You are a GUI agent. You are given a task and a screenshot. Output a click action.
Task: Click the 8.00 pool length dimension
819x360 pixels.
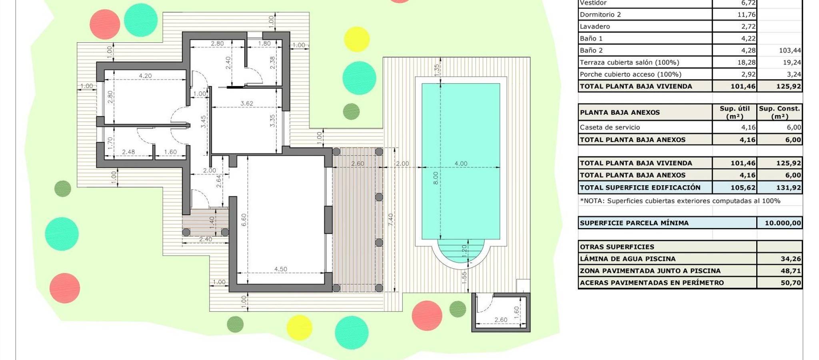click(436, 178)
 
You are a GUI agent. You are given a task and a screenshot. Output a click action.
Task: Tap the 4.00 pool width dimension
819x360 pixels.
click(461, 163)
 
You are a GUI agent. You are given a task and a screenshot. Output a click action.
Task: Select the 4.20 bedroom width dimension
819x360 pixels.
click(145, 76)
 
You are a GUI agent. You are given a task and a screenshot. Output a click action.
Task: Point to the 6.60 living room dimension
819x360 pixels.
click(244, 220)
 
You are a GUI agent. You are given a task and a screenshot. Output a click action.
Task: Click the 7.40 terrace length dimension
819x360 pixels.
click(391, 220)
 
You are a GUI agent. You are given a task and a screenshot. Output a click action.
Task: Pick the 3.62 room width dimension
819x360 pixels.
click(247, 103)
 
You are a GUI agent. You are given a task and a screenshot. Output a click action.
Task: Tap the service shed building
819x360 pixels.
click(501, 312)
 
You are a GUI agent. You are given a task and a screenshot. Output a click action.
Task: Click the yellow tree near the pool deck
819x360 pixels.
click(356, 39)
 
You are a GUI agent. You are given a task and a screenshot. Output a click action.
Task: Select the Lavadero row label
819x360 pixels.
click(595, 26)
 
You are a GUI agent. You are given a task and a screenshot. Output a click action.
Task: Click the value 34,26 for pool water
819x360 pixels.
click(791, 259)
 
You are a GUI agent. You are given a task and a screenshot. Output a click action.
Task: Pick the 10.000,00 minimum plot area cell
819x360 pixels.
click(783, 223)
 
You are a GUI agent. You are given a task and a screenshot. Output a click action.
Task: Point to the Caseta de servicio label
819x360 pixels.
click(610, 127)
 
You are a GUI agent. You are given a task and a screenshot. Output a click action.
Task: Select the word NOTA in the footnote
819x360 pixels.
click(593, 201)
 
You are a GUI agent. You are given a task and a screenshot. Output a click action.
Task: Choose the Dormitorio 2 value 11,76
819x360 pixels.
click(747, 14)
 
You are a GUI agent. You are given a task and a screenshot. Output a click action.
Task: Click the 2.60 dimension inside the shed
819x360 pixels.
click(501, 320)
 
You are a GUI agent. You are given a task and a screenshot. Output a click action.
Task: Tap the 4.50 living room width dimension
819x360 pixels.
click(281, 269)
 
